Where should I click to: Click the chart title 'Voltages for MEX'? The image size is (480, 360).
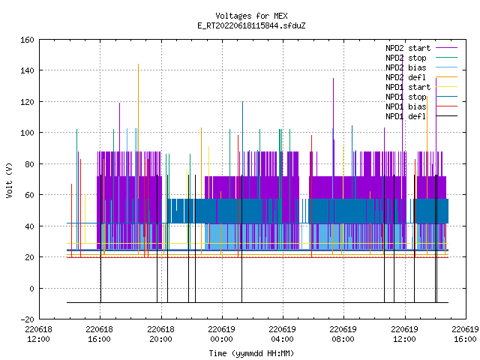pos(251,16)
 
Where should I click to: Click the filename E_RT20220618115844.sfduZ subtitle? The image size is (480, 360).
pos(251,25)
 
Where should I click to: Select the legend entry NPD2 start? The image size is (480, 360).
pos(408,48)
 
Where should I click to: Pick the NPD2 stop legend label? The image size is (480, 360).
pos(406,58)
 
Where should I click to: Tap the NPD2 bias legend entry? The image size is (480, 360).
pos(406,67)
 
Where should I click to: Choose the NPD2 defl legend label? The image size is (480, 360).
pos(406,77)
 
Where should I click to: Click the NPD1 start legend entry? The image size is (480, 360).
pos(408,87)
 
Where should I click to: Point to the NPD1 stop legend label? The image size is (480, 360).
pos(406,97)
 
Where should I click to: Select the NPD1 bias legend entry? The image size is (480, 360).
pos(406,106)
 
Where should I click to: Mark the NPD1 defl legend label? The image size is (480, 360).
pos(406,117)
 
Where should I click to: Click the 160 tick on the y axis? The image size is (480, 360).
pos(27,40)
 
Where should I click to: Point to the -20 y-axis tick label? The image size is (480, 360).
pos(27,319)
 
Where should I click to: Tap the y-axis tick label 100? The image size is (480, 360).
pos(27,133)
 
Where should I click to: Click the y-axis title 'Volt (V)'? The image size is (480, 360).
pos(9,180)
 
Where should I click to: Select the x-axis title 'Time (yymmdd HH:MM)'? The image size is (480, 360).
pos(251,353)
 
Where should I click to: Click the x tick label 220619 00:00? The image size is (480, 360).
pos(221,334)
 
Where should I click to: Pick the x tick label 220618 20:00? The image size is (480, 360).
pos(160,334)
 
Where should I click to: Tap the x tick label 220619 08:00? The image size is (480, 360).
pos(343,334)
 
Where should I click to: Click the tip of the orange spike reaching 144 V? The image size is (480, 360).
pos(138,64)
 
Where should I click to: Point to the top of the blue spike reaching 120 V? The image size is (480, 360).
pos(243,102)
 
